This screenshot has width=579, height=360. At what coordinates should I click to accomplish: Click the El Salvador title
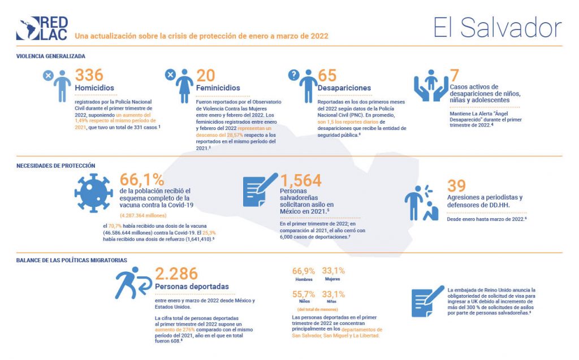tap(498, 27)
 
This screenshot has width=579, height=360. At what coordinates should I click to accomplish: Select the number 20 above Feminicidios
tap(206, 76)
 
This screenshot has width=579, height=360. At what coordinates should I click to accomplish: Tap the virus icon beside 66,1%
tap(94, 193)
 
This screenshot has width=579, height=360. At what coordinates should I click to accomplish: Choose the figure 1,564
tap(301, 180)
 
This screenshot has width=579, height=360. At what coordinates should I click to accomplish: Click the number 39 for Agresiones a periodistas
tap(456, 185)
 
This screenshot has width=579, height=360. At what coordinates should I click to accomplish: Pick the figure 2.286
tap(176, 274)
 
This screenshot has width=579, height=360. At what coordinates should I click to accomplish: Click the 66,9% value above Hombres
tap(303, 271)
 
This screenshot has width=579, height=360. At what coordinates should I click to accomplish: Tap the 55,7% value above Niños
tap(303, 294)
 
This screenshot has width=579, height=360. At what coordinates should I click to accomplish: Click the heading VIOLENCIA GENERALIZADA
tap(50, 57)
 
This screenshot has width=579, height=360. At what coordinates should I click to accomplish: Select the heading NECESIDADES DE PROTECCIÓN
tap(55, 166)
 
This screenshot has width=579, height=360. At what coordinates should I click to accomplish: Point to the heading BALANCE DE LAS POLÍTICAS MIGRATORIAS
tap(71, 260)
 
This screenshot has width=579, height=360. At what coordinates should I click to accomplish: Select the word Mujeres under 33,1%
tap(332, 279)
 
